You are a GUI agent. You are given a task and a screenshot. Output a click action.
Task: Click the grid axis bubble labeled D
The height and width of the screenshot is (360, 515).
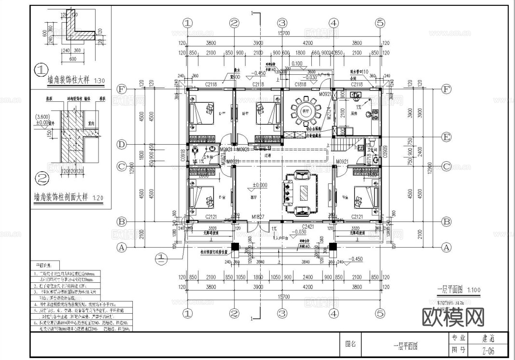pyautogui.click(x=122, y=144)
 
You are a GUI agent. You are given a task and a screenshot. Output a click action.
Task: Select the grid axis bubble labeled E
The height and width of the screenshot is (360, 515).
pyautogui.click(x=446, y=138)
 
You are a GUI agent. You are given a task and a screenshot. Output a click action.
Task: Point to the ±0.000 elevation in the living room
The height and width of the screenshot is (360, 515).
pyautogui.click(x=260, y=185)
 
